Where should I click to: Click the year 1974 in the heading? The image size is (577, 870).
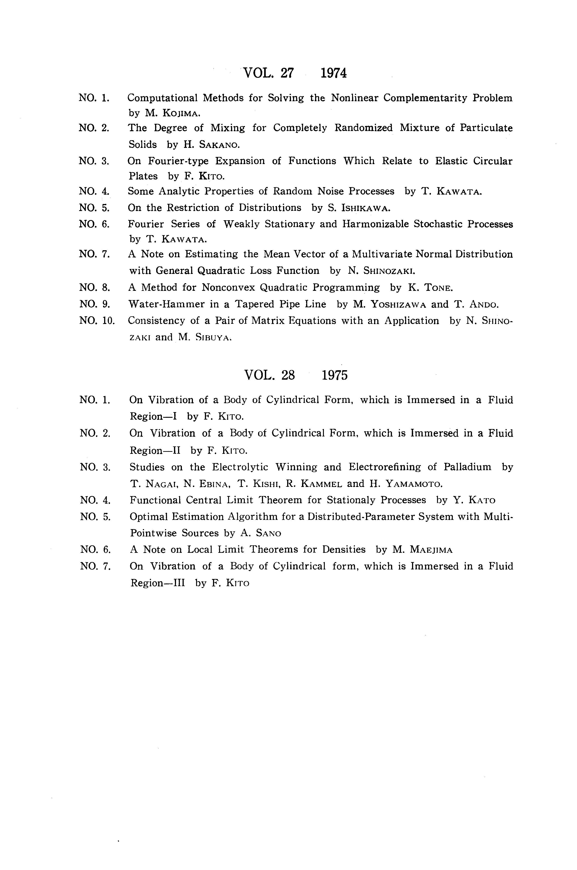(333, 73)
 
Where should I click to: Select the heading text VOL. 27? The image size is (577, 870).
(269, 73)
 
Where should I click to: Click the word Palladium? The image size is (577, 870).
(467, 467)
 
